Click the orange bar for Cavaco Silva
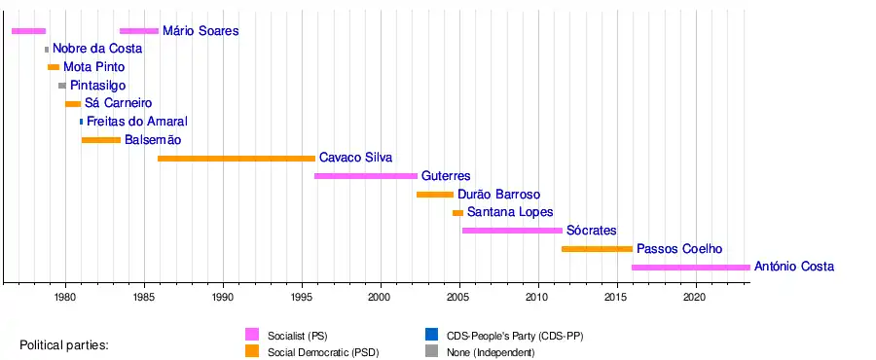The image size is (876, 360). [237, 159]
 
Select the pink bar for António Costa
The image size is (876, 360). [691, 268]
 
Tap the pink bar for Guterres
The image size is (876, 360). [366, 176]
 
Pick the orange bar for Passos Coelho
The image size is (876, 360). [598, 249]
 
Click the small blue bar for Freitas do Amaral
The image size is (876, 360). [81, 122]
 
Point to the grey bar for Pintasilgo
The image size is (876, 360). [62, 86]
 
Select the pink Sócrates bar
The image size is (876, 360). [512, 231]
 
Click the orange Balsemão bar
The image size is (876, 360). [101, 140]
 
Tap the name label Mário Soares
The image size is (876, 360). [201, 31]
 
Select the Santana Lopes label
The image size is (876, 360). [510, 213]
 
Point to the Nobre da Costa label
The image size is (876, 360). [97, 49]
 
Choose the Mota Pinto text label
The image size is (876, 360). [93, 67]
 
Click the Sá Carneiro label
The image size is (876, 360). [119, 104]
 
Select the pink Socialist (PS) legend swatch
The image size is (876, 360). [252, 335]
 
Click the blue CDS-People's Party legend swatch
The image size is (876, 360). [432, 335]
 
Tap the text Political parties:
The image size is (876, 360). [64, 345]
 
